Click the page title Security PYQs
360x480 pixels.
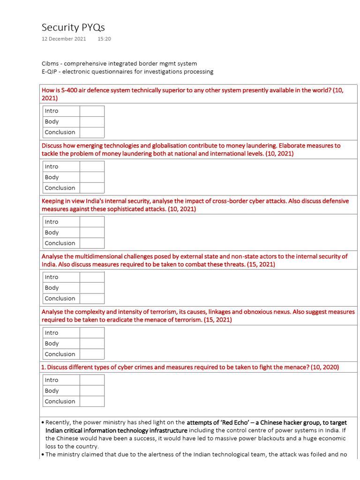(73, 27)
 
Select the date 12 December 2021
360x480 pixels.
(64, 39)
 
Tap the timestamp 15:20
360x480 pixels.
(104, 39)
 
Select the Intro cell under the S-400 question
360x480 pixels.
(61, 111)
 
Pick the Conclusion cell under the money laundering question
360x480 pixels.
(61, 188)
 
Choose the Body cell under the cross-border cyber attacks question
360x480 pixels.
(61, 232)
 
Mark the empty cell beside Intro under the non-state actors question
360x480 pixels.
(92, 277)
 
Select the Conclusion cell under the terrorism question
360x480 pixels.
(61, 354)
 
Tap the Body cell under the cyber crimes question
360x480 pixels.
(61, 390)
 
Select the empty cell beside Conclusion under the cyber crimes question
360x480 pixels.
(92, 401)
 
